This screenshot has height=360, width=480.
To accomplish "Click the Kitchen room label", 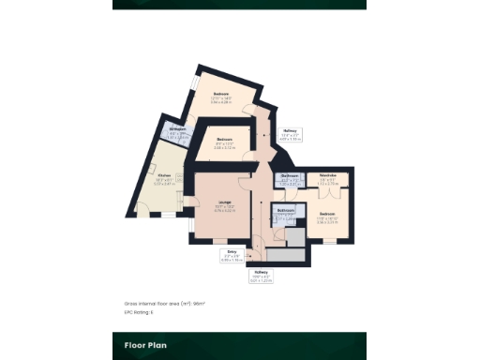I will click(164, 175).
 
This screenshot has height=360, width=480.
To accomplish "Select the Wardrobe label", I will click(327, 174).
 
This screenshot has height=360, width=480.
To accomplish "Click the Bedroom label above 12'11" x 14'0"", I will click(222, 94).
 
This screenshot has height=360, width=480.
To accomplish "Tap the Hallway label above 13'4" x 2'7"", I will click(291, 130).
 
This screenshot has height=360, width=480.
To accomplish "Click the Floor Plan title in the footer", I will click(145, 345).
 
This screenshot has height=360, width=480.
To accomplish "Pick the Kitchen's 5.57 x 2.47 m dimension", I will click(164, 184).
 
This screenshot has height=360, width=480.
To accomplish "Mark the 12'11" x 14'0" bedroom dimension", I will click(222, 99).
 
